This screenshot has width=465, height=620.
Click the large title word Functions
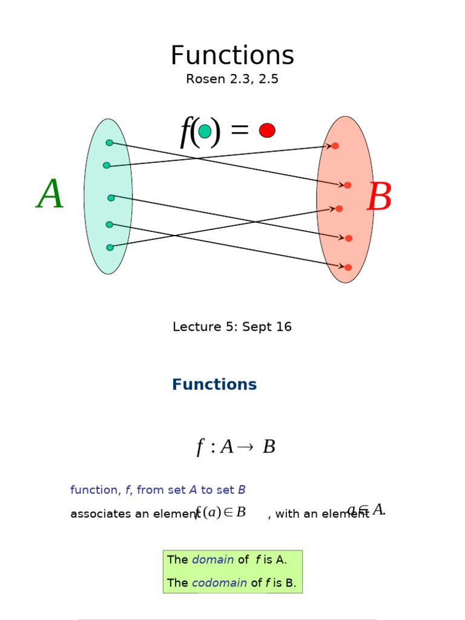pyautogui.click(x=232, y=56)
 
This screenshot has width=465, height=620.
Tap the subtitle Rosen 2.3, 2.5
pyautogui.click(x=232, y=79)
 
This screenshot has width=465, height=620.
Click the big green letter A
pyautogui.click(x=50, y=195)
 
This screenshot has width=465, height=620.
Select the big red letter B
pyautogui.click(x=380, y=198)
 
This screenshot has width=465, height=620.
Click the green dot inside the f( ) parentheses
pyautogui.click(x=205, y=131)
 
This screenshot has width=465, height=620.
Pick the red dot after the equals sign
pyautogui.click(x=267, y=130)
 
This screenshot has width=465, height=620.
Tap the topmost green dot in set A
pyautogui.click(x=110, y=143)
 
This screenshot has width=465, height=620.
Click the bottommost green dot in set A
pyautogui.click(x=110, y=247)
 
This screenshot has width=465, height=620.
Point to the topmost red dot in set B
pyautogui.click(x=335, y=146)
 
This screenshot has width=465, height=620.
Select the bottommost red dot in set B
pyautogui.click(x=348, y=267)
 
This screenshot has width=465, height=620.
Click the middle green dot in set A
pyautogui.click(x=111, y=198)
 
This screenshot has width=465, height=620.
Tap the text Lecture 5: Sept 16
pyautogui.click(x=232, y=327)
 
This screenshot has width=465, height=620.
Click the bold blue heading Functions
pyautogui.click(x=214, y=384)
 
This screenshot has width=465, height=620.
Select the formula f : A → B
pyautogui.click(x=236, y=447)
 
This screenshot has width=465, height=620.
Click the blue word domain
pyautogui.click(x=213, y=560)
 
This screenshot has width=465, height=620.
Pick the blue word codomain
pyautogui.click(x=219, y=583)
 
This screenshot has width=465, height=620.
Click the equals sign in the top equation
pyautogui.click(x=240, y=130)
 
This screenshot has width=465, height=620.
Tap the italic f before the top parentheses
pyautogui.click(x=185, y=131)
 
